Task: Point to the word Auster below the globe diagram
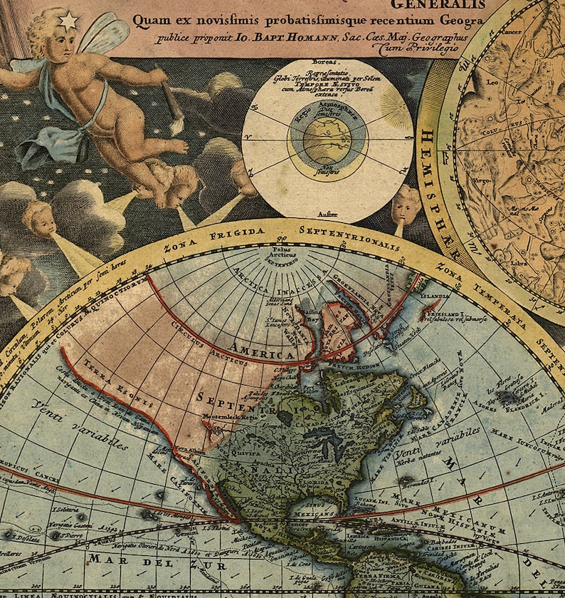tap(328, 213)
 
